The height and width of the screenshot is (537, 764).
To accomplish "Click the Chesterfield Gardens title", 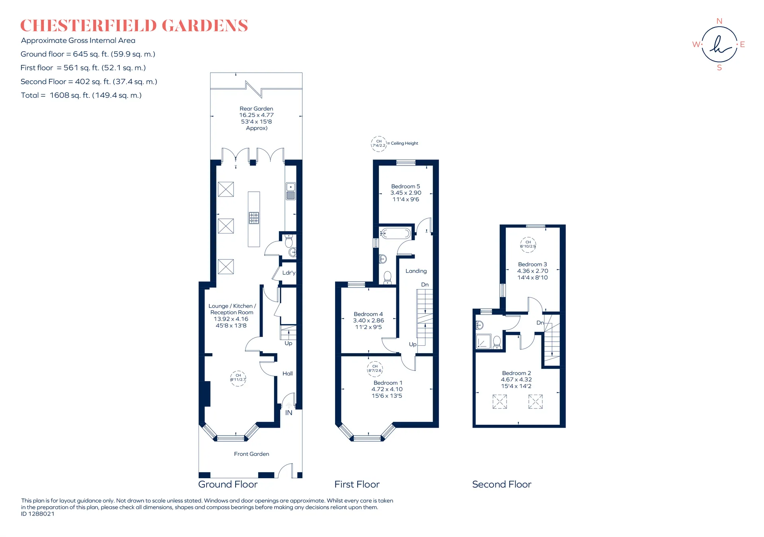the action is (134, 25).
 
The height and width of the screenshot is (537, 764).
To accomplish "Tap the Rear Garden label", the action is (256, 109).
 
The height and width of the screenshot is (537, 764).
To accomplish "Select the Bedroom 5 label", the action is (405, 186).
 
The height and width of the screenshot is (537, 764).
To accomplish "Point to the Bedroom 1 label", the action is (388, 383).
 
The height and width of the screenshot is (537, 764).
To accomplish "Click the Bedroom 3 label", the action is (532, 264).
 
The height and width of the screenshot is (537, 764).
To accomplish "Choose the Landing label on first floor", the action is (416, 271).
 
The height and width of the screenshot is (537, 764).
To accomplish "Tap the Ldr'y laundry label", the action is (289, 272).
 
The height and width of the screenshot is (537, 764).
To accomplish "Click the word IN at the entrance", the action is (288, 413).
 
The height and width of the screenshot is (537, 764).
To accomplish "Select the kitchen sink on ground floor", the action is (290, 191).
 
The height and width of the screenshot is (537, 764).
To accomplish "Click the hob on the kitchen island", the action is (254, 218).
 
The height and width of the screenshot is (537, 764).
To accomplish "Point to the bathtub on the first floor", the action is (395, 233).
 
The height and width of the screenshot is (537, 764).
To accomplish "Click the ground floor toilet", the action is (289, 240).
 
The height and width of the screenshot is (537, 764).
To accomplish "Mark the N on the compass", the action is (719, 21).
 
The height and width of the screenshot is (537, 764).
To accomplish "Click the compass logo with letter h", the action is (719, 45).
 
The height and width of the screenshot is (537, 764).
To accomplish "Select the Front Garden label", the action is (251, 454).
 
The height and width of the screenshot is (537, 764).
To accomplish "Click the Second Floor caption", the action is (502, 484).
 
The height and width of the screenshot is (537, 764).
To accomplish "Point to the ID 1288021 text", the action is (38, 514).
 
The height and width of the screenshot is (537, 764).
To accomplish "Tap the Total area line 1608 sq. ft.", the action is (81, 95).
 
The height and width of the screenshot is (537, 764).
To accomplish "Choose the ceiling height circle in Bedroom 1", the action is (375, 369).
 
